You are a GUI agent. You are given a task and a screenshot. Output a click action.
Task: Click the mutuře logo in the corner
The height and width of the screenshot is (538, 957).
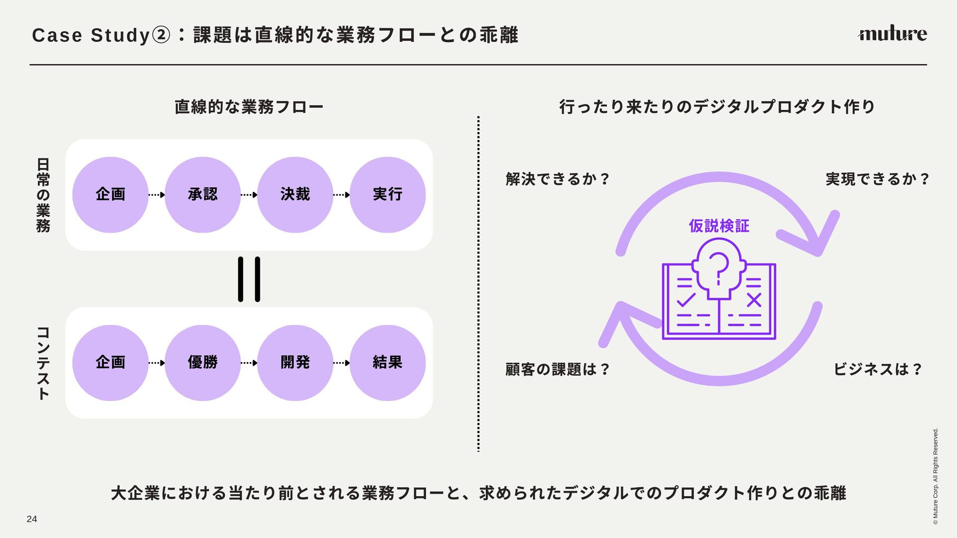click(892, 33)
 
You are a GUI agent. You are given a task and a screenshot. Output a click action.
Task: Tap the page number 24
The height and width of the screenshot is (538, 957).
click(32, 519)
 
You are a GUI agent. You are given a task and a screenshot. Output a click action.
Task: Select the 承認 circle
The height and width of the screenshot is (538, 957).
click(202, 194)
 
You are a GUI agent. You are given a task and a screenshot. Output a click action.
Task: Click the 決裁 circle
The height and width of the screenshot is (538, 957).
click(295, 194)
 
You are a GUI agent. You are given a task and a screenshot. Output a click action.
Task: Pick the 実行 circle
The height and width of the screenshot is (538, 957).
click(387, 194)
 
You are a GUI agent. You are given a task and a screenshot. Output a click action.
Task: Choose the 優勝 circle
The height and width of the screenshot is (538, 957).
click(202, 363)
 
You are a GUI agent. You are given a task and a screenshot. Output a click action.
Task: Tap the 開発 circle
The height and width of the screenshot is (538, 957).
click(295, 363)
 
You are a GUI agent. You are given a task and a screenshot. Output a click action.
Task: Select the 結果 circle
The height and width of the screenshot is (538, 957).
click(387, 363)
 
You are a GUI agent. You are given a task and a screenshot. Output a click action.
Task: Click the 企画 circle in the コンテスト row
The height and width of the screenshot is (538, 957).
click(110, 363)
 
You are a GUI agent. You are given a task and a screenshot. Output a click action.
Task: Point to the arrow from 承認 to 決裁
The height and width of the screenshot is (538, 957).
click(249, 195)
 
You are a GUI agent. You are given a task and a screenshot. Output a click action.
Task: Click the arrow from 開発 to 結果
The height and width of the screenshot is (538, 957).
click(341, 363)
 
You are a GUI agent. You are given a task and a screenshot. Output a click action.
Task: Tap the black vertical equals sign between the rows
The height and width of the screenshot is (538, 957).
click(249, 279)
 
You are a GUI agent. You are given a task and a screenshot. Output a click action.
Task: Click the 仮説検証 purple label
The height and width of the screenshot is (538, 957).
click(719, 226)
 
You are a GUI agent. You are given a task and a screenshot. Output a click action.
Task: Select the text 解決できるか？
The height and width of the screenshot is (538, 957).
click(557, 179)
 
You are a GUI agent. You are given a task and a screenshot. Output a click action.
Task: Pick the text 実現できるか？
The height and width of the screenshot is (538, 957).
click(877, 179)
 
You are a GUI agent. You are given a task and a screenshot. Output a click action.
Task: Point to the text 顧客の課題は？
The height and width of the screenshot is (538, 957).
click(557, 369)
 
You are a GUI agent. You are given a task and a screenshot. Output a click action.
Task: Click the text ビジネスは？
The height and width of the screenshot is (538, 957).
click(877, 369)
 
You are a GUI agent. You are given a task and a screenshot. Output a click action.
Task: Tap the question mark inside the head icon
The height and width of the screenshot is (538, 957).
click(718, 267)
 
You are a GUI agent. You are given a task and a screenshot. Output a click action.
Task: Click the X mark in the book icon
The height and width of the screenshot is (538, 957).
click(754, 300)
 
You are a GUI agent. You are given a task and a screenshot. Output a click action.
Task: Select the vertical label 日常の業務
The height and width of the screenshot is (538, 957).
click(43, 195)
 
